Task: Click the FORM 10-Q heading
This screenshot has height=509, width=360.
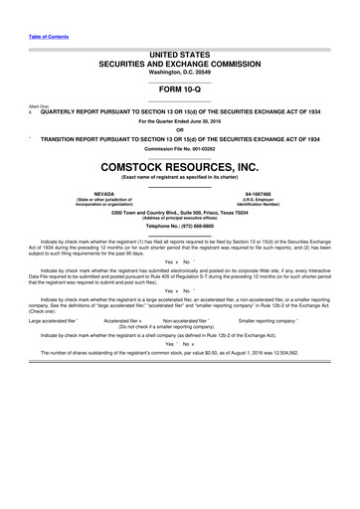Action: pos(180,85)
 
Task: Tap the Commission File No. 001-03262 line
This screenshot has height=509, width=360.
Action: pos(180,146)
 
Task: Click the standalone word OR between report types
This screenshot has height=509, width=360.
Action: pos(180,128)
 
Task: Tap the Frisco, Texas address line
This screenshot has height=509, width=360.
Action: pos(180,213)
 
